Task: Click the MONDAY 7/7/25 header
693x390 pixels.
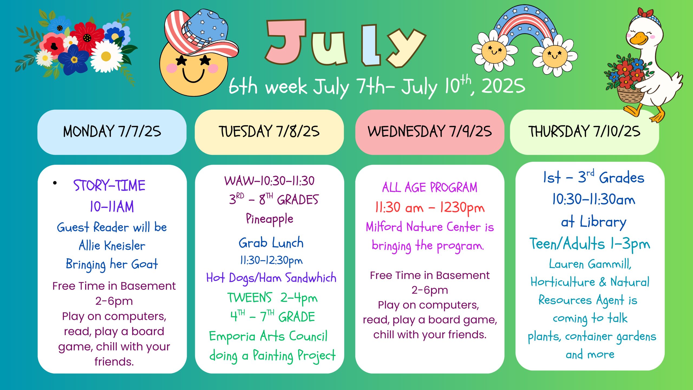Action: pyautogui.click(x=112, y=132)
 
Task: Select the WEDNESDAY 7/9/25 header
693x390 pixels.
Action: pyautogui.click(x=430, y=132)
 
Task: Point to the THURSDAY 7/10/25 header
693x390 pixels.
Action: pyautogui.click(x=584, y=132)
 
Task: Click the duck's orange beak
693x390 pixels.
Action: pyautogui.click(x=639, y=39)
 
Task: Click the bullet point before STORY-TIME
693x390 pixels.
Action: pyautogui.click(x=55, y=183)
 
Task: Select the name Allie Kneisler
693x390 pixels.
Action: pyautogui.click(x=112, y=245)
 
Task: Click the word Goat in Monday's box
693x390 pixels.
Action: pyautogui.click(x=144, y=264)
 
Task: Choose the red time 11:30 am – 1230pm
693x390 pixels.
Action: pyautogui.click(x=430, y=208)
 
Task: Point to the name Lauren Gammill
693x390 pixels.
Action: pyautogui.click(x=590, y=264)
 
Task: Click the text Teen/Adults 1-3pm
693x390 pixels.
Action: pyautogui.click(x=590, y=244)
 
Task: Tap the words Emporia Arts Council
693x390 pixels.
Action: pyautogui.click(x=268, y=336)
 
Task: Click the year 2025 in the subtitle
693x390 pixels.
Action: pyautogui.click(x=503, y=86)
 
